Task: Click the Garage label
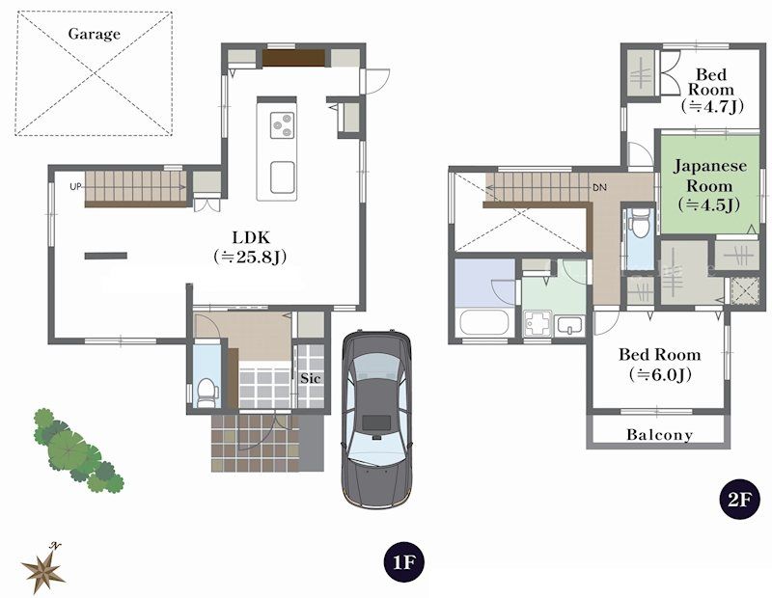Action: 95,35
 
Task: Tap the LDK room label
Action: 250,247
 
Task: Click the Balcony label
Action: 659,435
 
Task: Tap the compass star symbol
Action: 42,569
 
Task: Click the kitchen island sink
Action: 283,177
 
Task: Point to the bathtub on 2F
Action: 483,321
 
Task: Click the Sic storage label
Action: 310,378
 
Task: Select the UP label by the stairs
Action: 74,185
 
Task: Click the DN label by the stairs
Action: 599,187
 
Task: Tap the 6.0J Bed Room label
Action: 659,364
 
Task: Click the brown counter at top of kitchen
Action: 293,58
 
